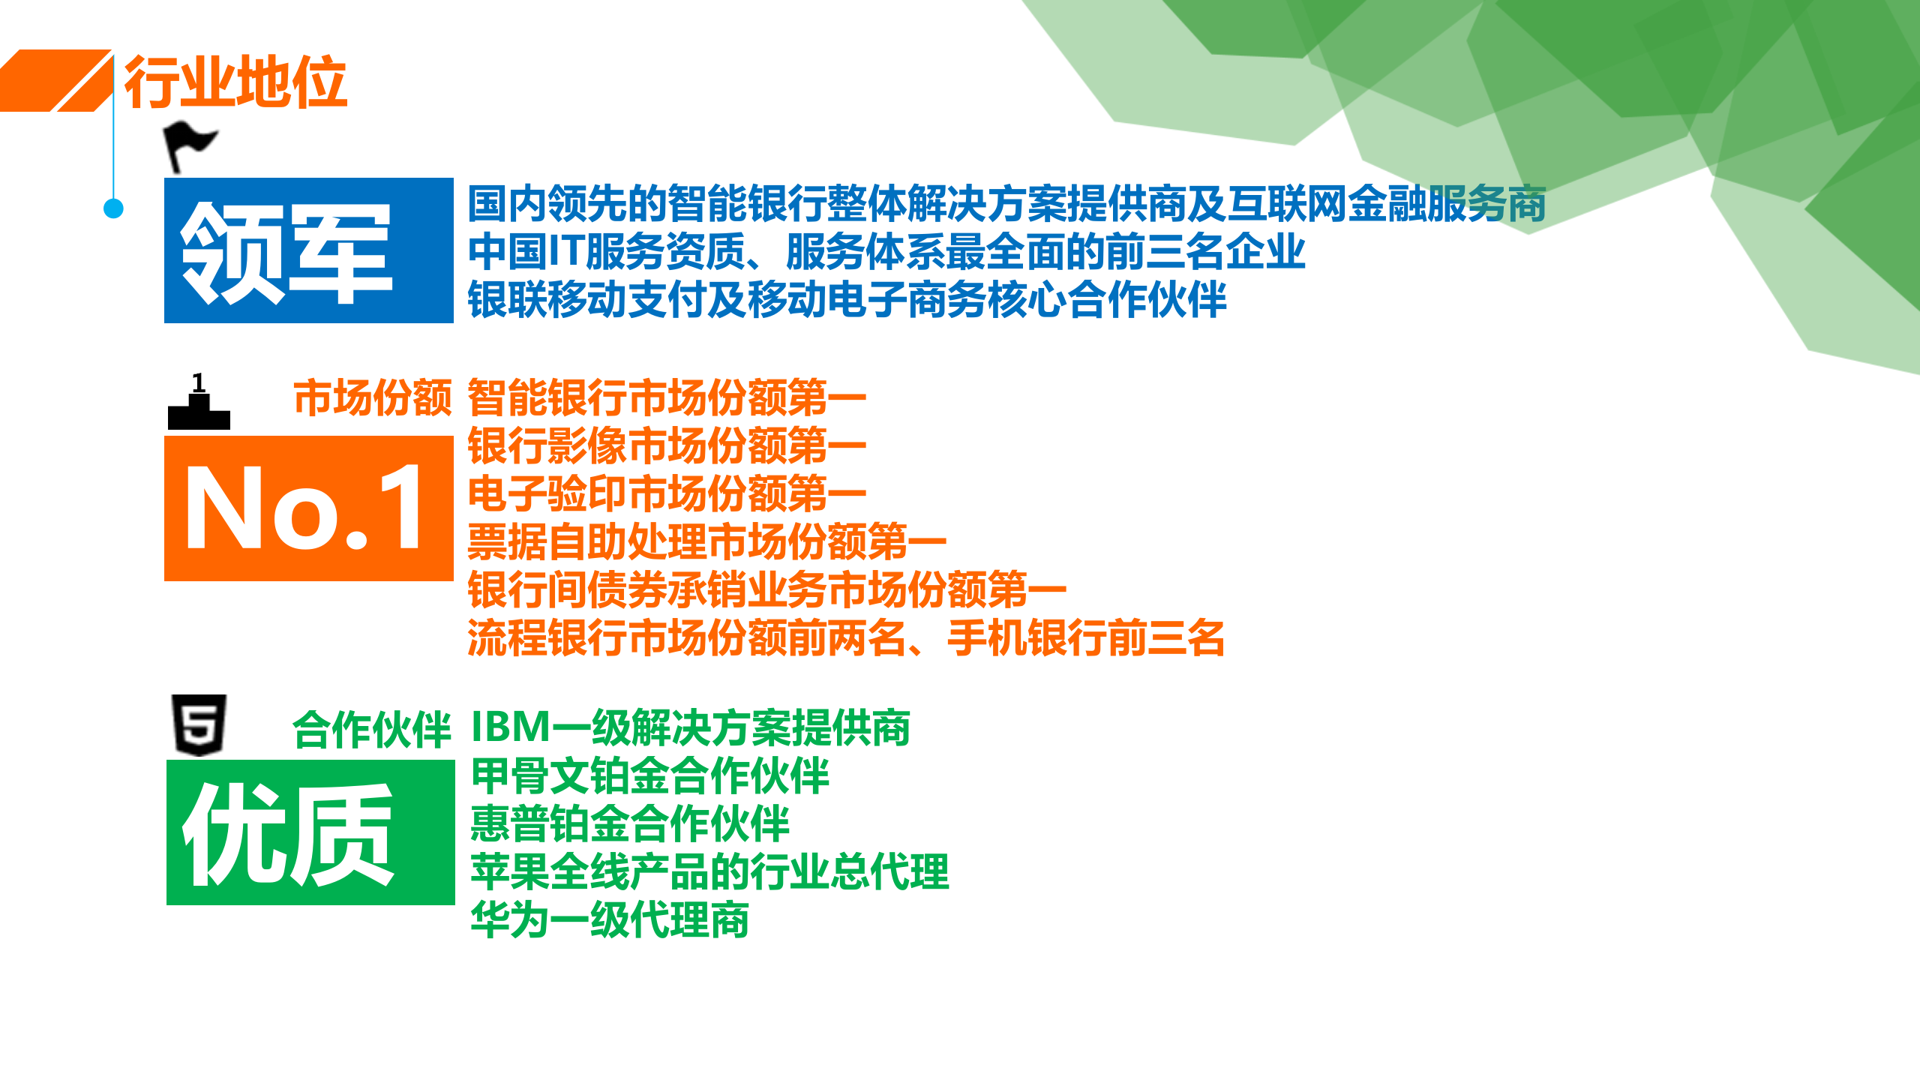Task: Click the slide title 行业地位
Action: pos(235,82)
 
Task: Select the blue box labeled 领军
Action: pos(308,250)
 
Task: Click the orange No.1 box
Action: pos(308,508)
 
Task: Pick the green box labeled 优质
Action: pos(310,832)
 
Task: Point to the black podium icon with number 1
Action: pos(199,405)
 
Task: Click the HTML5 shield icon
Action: pos(199,725)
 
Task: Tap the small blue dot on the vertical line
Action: pos(113,208)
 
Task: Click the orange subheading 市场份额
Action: pos(373,398)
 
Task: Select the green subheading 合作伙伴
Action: pos(371,730)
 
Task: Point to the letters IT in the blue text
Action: pos(566,252)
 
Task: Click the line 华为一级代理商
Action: pos(609,920)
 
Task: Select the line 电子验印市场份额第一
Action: pos(667,494)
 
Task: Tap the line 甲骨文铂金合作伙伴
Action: pos(649,776)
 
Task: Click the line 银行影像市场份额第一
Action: pos(667,446)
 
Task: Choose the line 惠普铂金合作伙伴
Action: pos(630,824)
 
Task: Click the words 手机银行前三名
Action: pos(1085,639)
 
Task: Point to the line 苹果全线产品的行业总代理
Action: pos(709,872)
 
